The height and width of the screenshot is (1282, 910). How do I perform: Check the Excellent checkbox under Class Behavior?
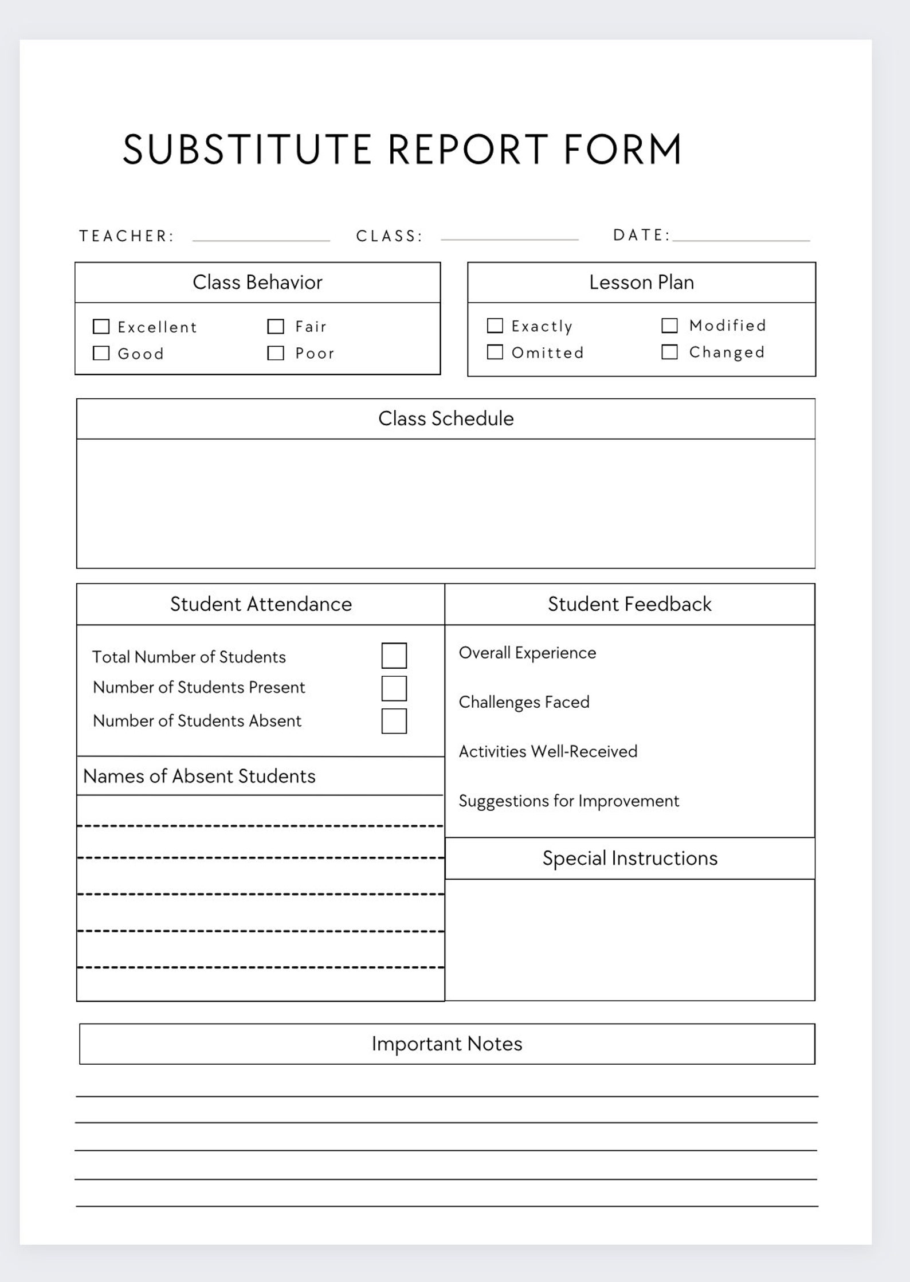click(x=101, y=327)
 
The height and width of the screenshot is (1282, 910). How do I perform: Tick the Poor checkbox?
click(x=276, y=353)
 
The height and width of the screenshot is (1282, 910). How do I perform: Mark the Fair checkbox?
click(x=276, y=327)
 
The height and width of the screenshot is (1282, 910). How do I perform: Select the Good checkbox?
click(x=101, y=353)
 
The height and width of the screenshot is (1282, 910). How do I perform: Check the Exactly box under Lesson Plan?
click(x=495, y=326)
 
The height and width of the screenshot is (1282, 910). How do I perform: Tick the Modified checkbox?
click(x=669, y=326)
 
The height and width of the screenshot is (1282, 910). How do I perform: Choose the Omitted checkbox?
click(x=495, y=352)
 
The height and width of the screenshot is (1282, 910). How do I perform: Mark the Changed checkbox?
click(x=669, y=352)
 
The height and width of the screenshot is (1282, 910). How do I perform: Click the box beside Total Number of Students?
click(x=394, y=656)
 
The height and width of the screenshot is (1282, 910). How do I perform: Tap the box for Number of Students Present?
click(x=394, y=688)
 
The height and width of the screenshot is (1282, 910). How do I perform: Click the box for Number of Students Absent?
click(x=394, y=721)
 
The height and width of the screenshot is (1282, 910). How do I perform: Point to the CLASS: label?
click(x=389, y=236)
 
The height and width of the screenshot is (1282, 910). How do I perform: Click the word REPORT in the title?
click(x=468, y=150)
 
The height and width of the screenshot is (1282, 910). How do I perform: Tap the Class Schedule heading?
click(x=446, y=419)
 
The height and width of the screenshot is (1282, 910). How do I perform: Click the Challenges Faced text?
click(x=524, y=702)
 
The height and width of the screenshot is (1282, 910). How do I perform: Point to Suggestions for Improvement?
click(x=568, y=801)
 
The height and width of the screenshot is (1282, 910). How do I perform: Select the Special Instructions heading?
click(x=630, y=858)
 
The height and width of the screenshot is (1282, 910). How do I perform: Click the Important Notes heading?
click(x=447, y=1044)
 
